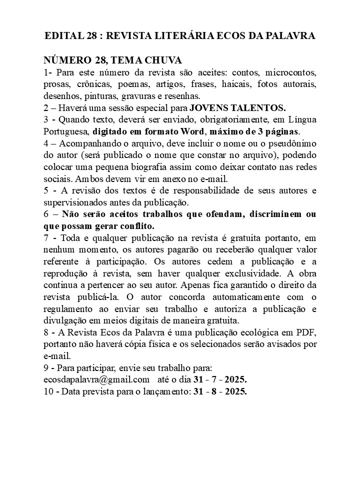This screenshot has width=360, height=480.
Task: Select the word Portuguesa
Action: pyautogui.click(x=66, y=131)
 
